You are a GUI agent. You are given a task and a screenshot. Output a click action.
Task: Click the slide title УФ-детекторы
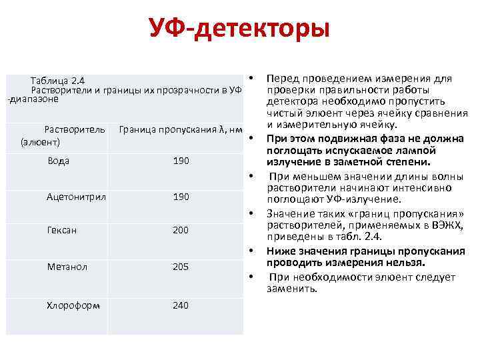tap(239, 29)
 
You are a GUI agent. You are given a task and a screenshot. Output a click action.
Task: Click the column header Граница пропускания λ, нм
tap(178, 129)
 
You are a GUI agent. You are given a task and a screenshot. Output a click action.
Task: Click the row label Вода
tap(59, 161)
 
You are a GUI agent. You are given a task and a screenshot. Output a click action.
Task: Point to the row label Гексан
tap(61, 230)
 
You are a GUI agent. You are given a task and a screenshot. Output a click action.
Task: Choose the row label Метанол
tap(66, 267)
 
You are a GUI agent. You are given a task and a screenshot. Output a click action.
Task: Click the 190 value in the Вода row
tap(181, 161)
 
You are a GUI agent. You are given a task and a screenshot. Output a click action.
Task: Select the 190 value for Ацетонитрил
tap(181, 197)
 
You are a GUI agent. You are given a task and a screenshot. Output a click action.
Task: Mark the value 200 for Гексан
tap(181, 230)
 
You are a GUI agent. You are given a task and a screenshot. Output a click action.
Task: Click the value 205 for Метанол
tap(181, 267)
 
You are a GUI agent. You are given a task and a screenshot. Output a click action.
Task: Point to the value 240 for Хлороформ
tap(181, 305)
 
